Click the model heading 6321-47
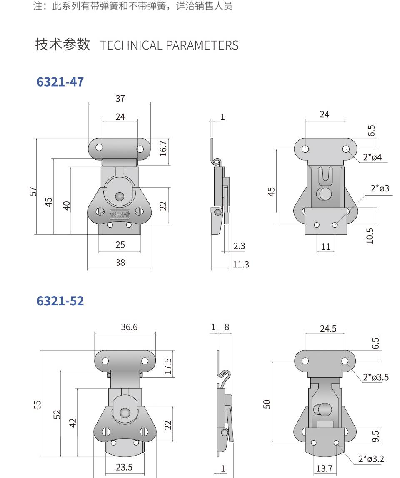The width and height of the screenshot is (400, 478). [60, 82]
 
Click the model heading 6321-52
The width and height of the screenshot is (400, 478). [60, 301]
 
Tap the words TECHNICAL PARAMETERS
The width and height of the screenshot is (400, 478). [169, 45]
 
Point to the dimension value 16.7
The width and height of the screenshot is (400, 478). [163, 148]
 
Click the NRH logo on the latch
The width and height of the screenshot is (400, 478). [120, 214]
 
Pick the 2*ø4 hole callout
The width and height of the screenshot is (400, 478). [372, 157]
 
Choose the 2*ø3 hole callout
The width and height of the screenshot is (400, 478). [380, 188]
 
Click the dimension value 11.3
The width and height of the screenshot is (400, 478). [240, 264]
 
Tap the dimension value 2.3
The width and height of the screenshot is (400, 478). [239, 246]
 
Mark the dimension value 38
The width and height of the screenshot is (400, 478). [120, 263]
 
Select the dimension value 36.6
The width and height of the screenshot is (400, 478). [129, 327]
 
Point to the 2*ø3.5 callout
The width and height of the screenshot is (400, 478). [375, 377]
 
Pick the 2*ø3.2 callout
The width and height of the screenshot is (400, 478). [371, 459]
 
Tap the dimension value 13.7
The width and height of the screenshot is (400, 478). [324, 468]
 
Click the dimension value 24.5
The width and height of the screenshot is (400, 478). [328, 328]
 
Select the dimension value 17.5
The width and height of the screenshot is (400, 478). [168, 366]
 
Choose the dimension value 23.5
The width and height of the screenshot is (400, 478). [124, 467]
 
